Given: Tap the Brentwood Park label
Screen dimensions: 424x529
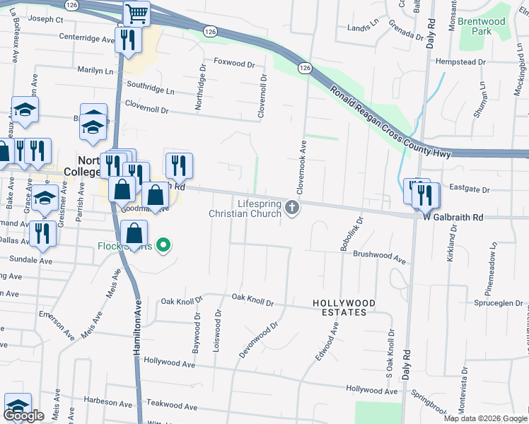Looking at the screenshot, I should pyautogui.click(x=482, y=26).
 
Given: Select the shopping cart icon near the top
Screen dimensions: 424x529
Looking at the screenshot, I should pyautogui.click(x=135, y=12).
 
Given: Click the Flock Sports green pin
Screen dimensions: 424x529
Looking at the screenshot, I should pyautogui.click(x=164, y=246).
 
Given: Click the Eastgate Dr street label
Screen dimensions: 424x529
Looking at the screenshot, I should pyautogui.click(x=470, y=189).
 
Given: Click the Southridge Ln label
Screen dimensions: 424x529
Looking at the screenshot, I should pyautogui.click(x=150, y=90).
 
